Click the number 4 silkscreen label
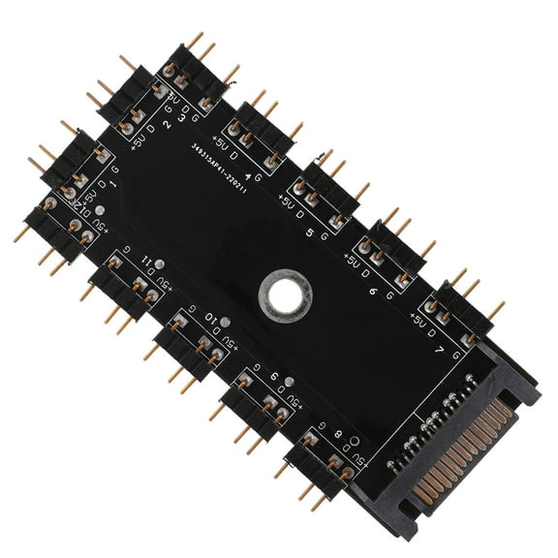tap(250, 176)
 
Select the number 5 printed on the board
tap(309, 233)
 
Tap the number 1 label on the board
tap(114, 181)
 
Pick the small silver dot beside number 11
tap(160, 262)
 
